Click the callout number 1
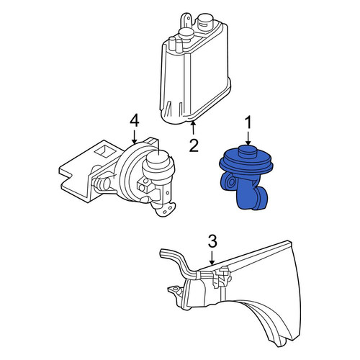click(x=248, y=122)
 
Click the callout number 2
click(x=194, y=145)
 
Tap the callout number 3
click(x=212, y=241)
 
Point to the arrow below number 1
click(x=248, y=138)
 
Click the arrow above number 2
click(x=193, y=128)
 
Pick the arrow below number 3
click(x=212, y=258)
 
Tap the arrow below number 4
click(x=134, y=137)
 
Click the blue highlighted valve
click(x=246, y=177)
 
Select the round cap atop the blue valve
click(x=248, y=152)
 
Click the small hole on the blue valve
click(x=232, y=183)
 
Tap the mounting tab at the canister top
click(x=186, y=21)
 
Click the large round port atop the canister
click(x=204, y=21)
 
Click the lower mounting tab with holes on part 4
click(x=166, y=209)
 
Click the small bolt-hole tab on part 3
click(x=175, y=290)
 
